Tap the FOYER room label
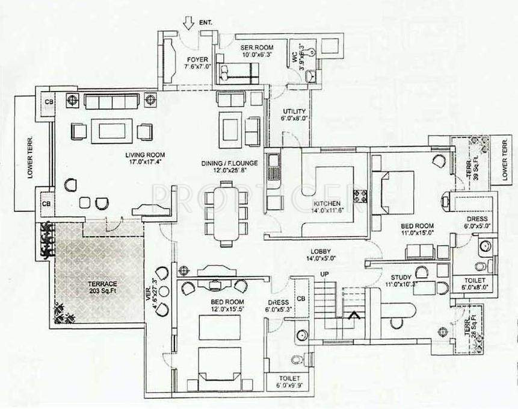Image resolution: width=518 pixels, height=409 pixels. pyautogui.click(x=197, y=59)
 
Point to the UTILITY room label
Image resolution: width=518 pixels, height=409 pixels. pyautogui.click(x=294, y=111)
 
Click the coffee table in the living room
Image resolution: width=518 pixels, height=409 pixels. pyautogui.click(x=112, y=131)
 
